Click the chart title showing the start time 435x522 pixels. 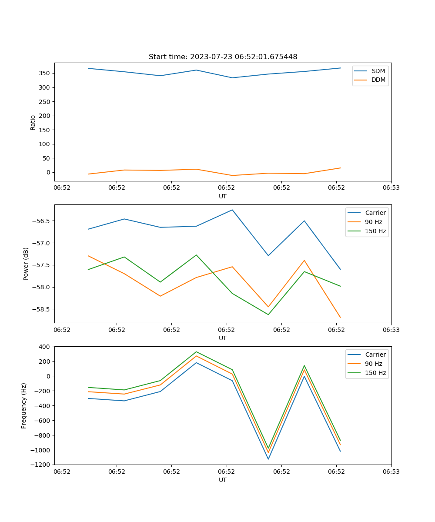tap(223, 57)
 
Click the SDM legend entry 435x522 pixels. tap(378, 71)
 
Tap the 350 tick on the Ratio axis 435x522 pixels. tap(45, 74)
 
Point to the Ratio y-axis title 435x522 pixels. tap(33, 122)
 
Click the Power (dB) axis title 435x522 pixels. tap(26, 264)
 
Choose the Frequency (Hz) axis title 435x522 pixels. tap(24, 405)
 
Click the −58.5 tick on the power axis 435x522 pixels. tap(42, 309)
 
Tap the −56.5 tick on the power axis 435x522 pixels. tap(42, 221)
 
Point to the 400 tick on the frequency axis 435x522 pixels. tap(45, 347)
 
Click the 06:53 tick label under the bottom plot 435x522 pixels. tap(391, 472)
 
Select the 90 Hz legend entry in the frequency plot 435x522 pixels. tap(374, 364)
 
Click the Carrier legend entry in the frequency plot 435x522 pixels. tap(375, 355)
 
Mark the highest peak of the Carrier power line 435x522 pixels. tap(232, 210)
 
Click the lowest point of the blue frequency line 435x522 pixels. tap(268, 459)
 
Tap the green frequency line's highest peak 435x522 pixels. tap(196, 351)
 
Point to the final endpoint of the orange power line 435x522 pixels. tap(340, 318)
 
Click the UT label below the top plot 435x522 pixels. tap(223, 196)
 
